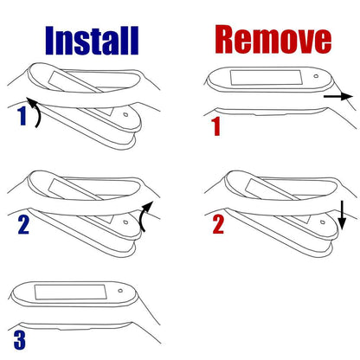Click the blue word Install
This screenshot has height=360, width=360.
92,41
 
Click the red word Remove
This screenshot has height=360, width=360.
273,39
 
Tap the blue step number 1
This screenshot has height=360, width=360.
22,116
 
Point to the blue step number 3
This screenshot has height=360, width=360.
20,340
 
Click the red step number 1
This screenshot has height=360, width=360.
216,126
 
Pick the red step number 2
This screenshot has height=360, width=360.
218,224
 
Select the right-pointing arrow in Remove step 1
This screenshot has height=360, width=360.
338,97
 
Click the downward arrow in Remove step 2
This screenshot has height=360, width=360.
342,215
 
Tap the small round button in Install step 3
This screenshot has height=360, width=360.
120,291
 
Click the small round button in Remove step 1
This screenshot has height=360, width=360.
316,76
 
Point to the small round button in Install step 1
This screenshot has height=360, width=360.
125,114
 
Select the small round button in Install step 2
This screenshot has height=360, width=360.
125,222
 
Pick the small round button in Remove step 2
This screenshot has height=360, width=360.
323,222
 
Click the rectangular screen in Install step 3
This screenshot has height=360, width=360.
71,292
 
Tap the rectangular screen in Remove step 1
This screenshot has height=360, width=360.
267,77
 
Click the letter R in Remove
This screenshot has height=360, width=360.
227,39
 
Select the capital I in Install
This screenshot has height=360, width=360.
50,41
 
